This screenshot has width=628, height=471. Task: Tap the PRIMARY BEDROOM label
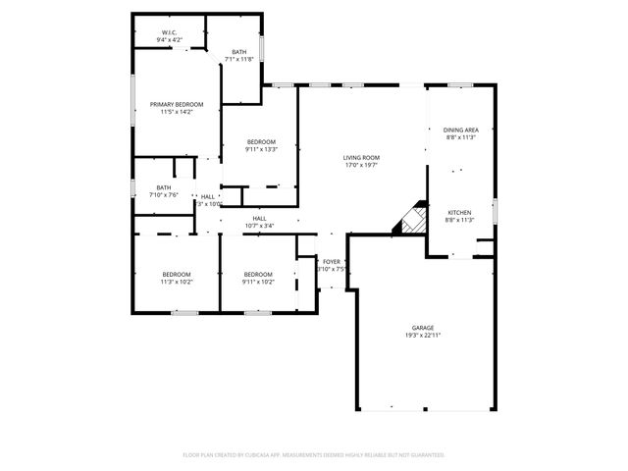point(177,104)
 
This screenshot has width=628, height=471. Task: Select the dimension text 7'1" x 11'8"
point(238,60)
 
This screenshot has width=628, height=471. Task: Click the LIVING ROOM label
point(361,157)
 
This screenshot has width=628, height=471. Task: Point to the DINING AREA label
point(460,130)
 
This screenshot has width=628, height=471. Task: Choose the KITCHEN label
point(460,212)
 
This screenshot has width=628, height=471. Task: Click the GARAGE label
point(423,328)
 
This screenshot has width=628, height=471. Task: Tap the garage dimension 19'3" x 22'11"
point(423,336)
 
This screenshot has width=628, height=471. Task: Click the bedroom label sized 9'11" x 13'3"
point(261,142)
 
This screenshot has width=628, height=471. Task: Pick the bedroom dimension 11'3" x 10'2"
point(177,282)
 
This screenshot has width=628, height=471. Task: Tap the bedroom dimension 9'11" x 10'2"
point(258,282)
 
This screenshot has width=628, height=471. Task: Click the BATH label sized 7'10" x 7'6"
point(163,187)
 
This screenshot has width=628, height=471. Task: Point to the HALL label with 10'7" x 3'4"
point(259,219)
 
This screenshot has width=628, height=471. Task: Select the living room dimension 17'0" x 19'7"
point(361,165)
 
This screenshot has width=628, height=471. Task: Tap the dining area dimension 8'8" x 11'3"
point(460,137)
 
